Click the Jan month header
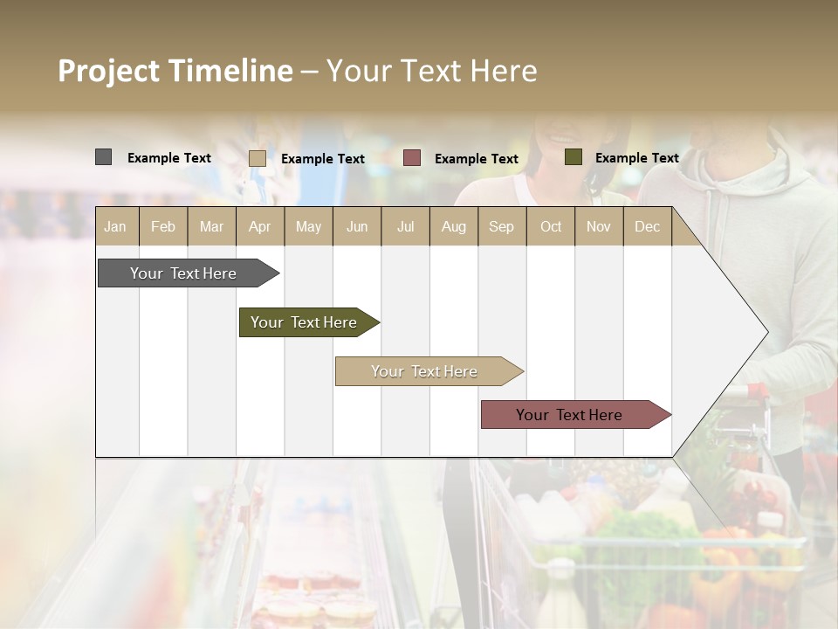click(115, 226)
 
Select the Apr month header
click(259, 226)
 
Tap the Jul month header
click(405, 226)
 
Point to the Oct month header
click(551, 226)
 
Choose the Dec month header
click(647, 226)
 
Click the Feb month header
click(163, 226)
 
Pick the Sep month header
click(501, 226)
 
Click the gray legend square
click(103, 157)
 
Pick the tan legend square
click(257, 158)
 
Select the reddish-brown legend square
click(412, 158)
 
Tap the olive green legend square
click(573, 157)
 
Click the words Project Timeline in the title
click(175, 71)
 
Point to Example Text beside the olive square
click(636, 158)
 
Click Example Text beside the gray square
click(169, 158)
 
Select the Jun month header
click(357, 226)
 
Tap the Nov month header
click(599, 226)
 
